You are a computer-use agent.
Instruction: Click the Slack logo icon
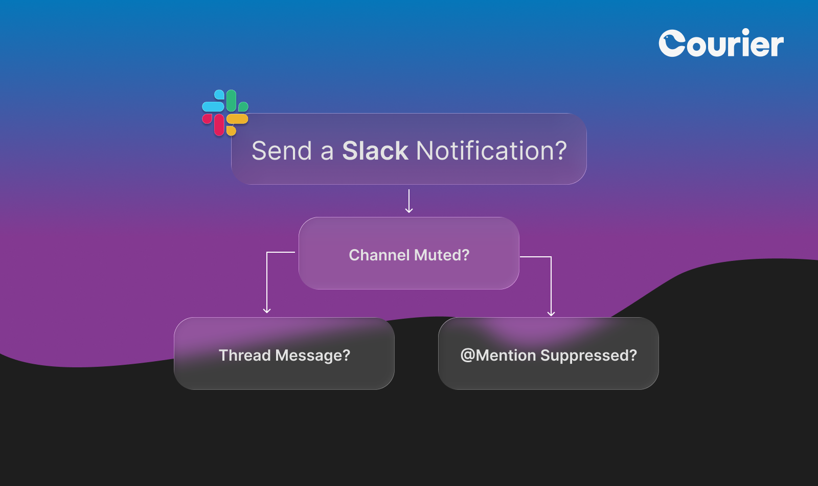pos(225,113)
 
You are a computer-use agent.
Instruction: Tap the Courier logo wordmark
pos(721,43)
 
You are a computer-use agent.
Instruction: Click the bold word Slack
pos(375,151)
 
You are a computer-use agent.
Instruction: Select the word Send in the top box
pos(282,151)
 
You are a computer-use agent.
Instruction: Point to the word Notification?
pos(491,151)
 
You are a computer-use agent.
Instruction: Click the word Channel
pos(379,255)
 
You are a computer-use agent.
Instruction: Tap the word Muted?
pos(442,255)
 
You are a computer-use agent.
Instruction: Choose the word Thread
pos(244,355)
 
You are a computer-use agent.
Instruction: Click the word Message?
pos(313,356)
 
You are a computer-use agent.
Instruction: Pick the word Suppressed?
pos(588,356)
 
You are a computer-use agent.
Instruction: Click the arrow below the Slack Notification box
pos(409,202)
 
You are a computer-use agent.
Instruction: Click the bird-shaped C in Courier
pos(672,43)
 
